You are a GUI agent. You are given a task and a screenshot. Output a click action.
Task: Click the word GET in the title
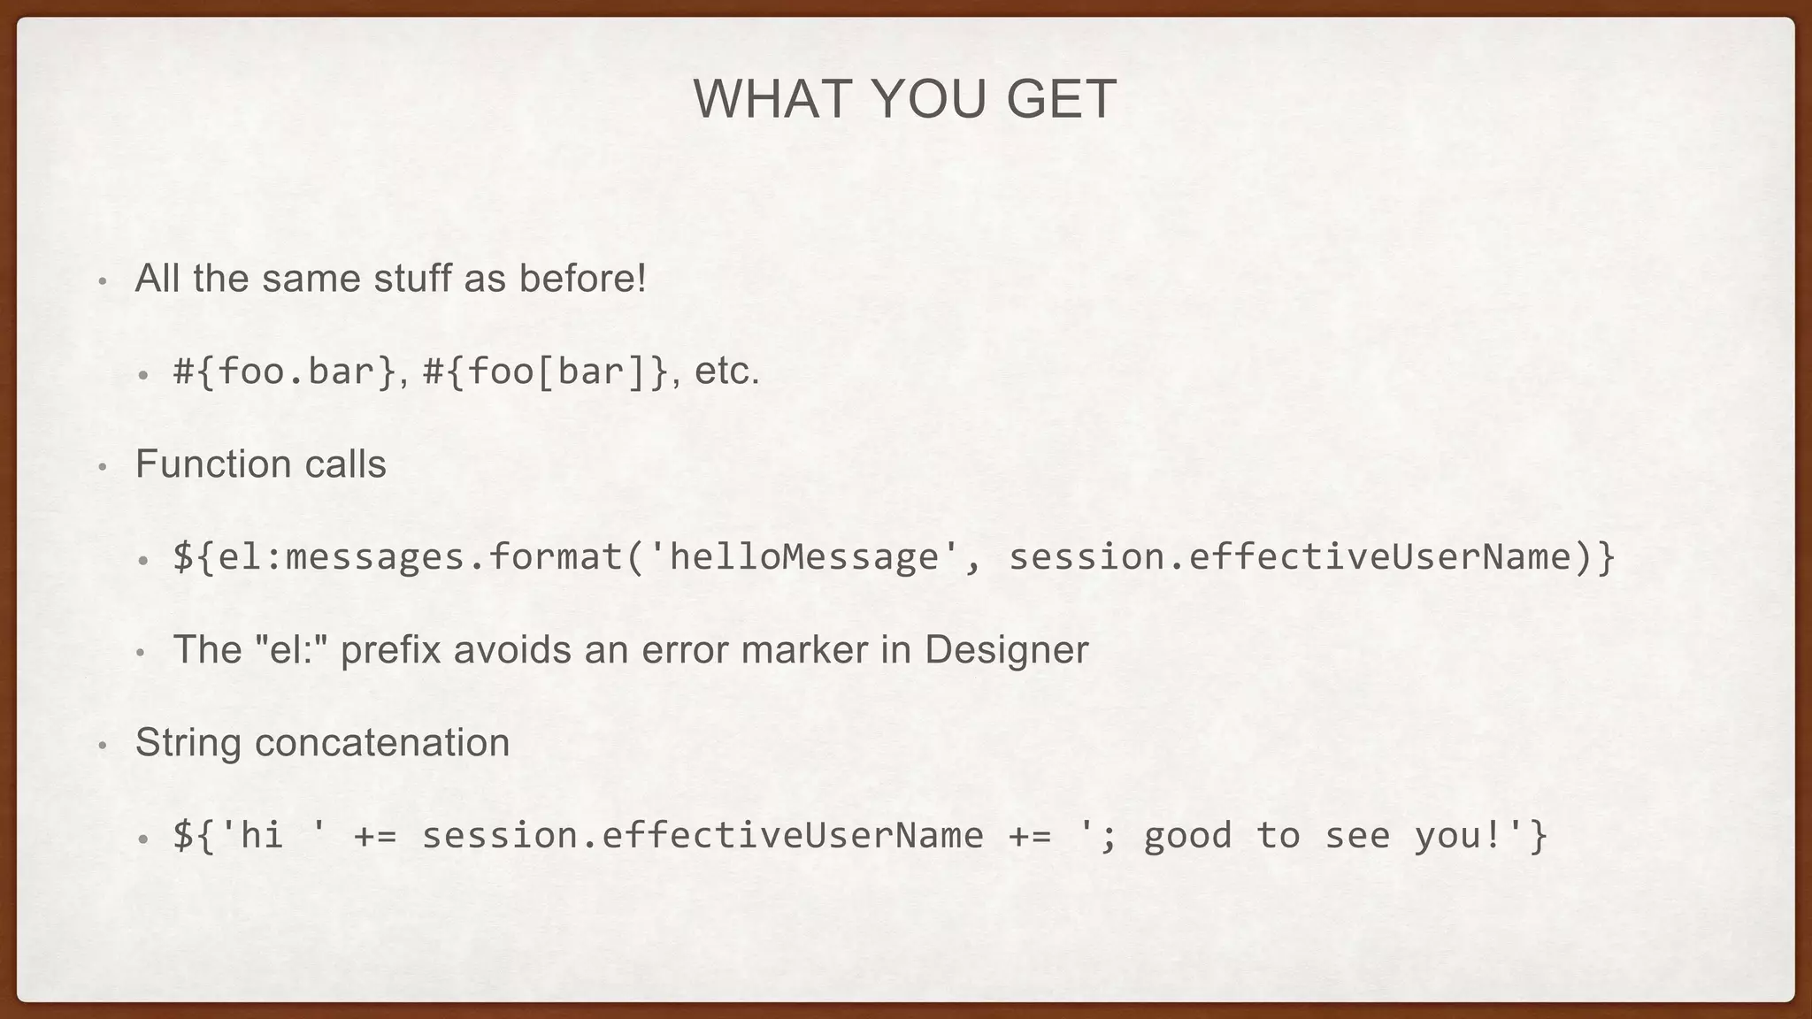click(1061, 99)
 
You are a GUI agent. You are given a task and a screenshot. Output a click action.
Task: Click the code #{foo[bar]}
click(546, 372)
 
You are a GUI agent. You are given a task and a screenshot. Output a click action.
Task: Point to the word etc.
click(726, 372)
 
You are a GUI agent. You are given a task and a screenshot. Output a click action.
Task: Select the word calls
click(346, 464)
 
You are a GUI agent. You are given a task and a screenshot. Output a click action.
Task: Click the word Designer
click(1006, 649)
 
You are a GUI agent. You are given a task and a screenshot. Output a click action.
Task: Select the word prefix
click(390, 649)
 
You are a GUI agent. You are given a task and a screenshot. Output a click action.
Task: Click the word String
click(188, 742)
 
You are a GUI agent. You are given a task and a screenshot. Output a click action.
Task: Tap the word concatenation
click(382, 742)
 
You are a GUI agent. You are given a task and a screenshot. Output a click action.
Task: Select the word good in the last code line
click(1187, 835)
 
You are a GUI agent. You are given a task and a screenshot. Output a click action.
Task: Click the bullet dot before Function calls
click(103, 467)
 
